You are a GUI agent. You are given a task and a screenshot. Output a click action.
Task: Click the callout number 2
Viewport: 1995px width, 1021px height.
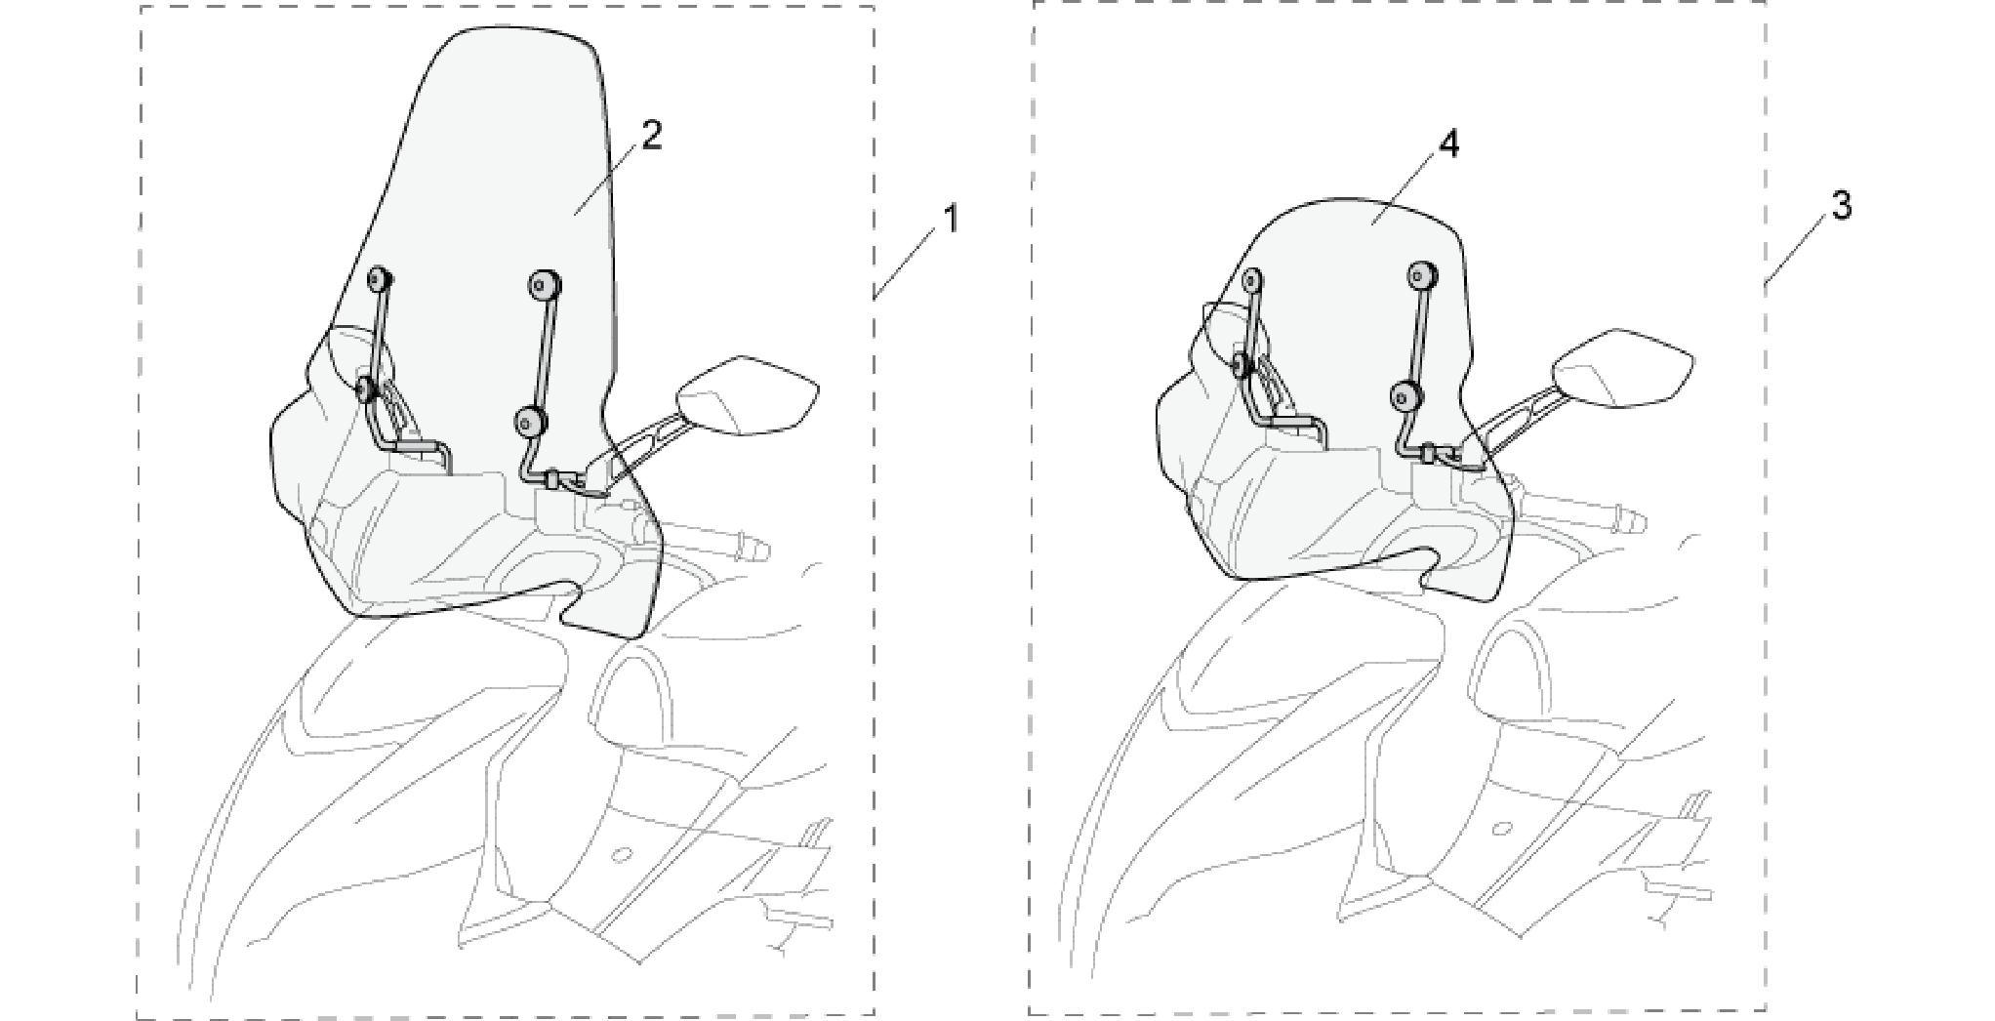[651, 136]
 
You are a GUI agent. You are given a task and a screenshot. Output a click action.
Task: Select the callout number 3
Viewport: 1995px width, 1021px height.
[1840, 206]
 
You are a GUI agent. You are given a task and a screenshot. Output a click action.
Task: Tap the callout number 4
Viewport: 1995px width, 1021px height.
[1448, 144]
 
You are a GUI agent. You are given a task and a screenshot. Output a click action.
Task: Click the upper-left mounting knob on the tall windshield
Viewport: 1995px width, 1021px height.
[380, 280]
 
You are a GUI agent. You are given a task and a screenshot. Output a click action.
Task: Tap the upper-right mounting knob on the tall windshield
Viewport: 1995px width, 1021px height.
[544, 284]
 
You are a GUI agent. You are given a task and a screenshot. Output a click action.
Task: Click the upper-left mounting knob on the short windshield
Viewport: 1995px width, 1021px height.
[1253, 282]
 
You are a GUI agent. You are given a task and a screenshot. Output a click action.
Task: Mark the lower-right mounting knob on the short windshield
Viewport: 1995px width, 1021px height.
[1407, 395]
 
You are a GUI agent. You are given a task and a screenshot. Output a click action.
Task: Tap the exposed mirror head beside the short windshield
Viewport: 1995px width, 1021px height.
[1622, 369]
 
